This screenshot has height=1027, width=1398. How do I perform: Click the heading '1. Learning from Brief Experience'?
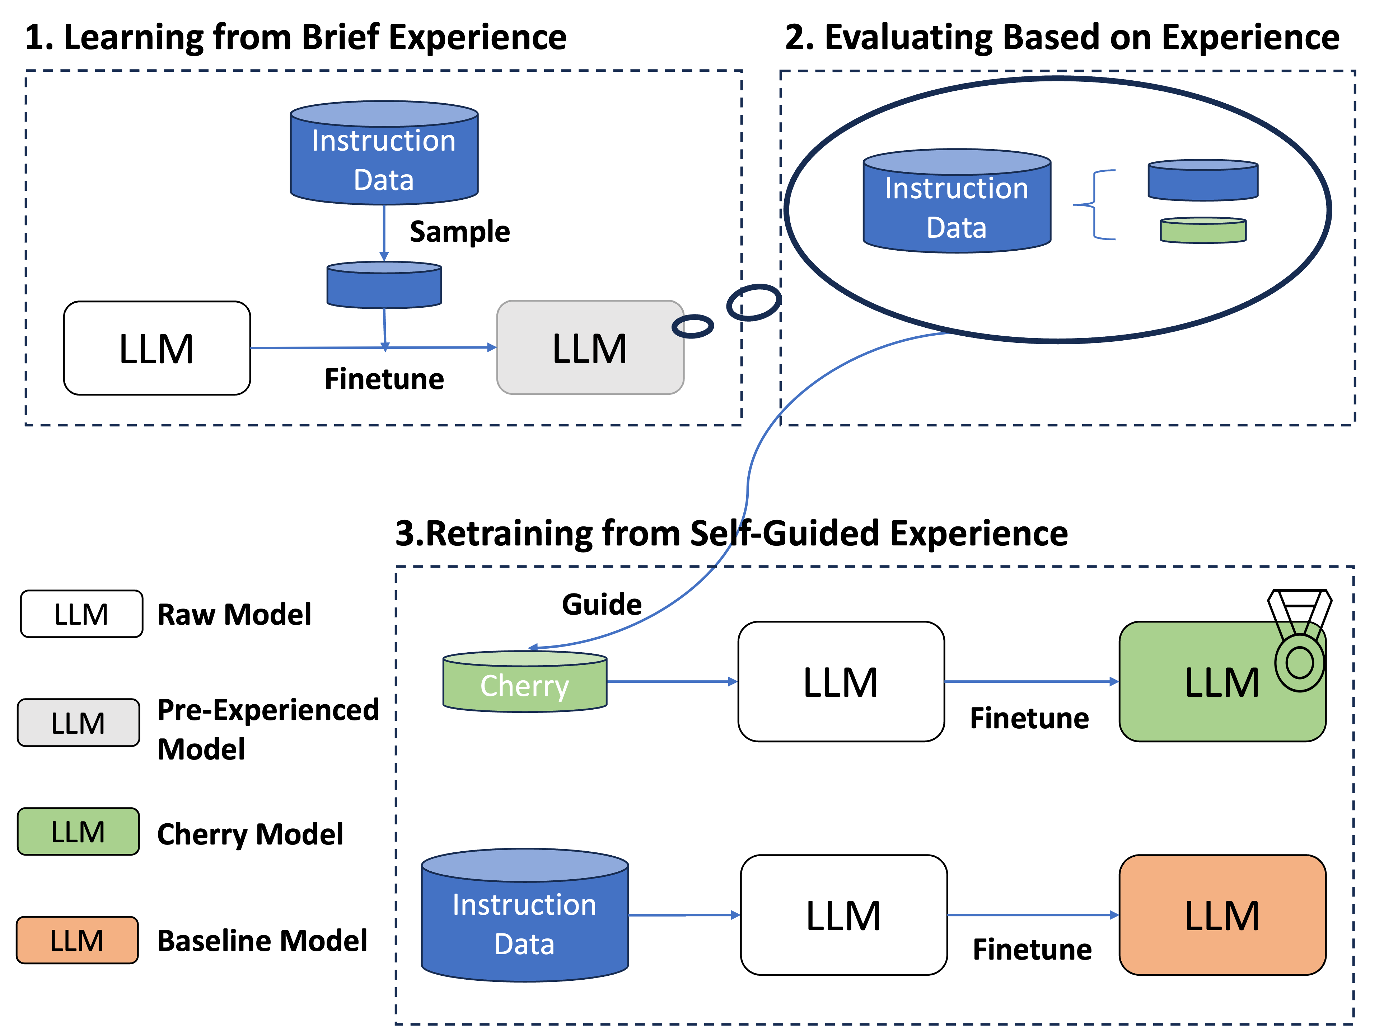[x=295, y=37]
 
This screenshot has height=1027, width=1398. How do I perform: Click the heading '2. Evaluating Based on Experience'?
[x=1061, y=37]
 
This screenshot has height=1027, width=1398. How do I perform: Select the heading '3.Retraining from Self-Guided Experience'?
[x=732, y=533]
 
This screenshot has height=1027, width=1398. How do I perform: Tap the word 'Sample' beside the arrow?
[x=460, y=231]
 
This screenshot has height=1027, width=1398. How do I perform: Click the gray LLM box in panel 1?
[x=590, y=347]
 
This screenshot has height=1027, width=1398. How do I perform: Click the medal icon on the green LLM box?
[x=1300, y=640]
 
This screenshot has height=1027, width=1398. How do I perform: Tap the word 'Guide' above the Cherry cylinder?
[x=602, y=604]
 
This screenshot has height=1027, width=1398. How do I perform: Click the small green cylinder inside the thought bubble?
[x=1203, y=230]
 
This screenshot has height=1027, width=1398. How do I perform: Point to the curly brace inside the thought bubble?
[x=1095, y=204]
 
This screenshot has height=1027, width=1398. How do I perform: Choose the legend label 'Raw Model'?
[x=234, y=614]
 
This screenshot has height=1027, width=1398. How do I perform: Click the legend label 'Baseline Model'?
[x=262, y=941]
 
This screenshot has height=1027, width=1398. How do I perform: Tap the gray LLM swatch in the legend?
[x=78, y=723]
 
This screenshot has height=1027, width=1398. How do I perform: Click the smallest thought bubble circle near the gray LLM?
[x=692, y=326]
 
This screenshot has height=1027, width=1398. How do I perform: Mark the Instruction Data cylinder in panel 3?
[x=524, y=915]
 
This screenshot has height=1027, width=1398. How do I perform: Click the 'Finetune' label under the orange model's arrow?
[x=1032, y=949]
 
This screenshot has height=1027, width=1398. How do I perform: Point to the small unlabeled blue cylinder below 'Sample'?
[x=384, y=285]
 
